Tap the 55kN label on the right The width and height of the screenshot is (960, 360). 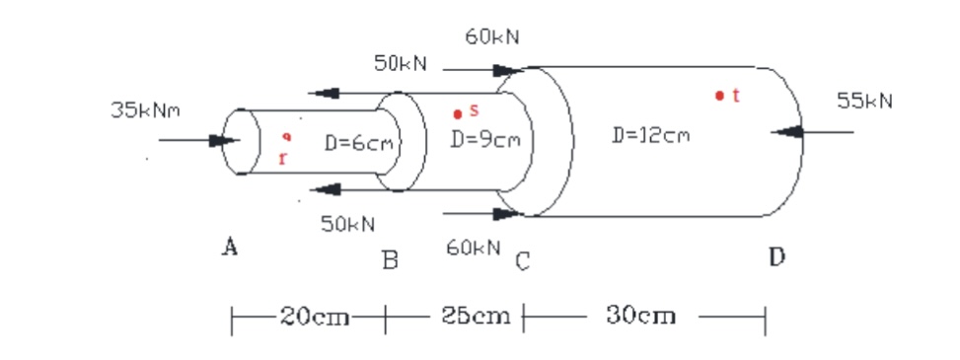[864, 101]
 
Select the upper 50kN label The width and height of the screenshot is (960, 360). [400, 64]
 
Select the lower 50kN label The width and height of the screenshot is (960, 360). [347, 224]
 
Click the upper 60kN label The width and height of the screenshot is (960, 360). [491, 36]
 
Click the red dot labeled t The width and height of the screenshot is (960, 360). [720, 97]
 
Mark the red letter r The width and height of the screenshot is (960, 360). [283, 158]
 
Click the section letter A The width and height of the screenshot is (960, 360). [229, 247]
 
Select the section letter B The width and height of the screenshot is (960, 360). [390, 261]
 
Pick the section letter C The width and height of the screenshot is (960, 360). [522, 261]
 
